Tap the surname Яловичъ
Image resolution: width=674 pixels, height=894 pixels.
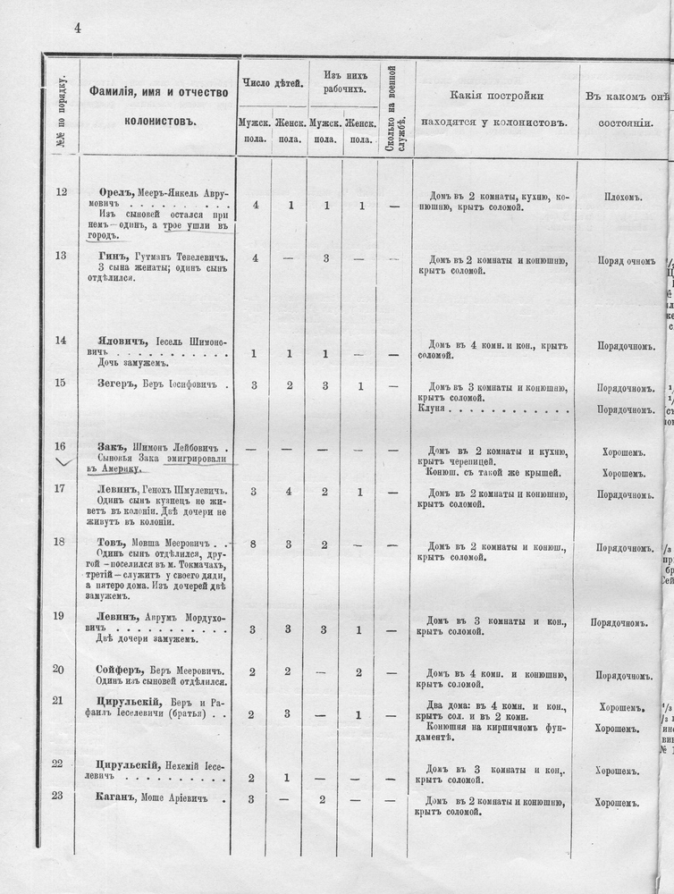(124, 340)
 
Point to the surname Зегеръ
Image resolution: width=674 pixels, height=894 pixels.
(117, 384)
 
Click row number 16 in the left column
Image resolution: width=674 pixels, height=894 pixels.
(59, 445)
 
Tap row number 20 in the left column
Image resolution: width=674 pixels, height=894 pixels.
(59, 670)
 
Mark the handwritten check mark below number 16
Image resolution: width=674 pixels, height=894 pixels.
(61, 463)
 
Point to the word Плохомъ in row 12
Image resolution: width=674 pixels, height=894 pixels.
(623, 197)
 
